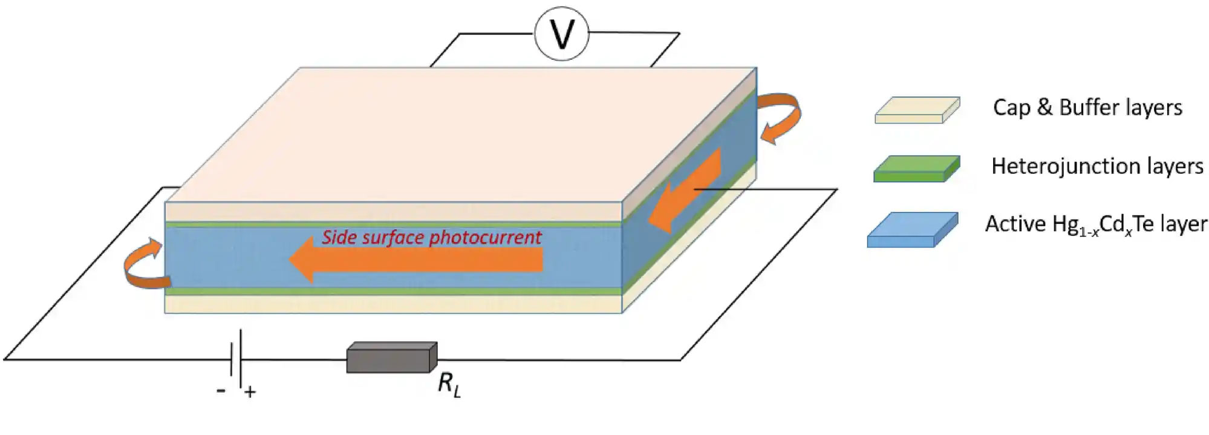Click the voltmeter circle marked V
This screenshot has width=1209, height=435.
point(562,34)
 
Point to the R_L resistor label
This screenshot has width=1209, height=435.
point(449,386)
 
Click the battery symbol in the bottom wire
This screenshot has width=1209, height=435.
point(236,359)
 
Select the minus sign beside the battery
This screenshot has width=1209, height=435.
point(221,391)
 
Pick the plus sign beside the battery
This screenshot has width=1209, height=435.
point(250,392)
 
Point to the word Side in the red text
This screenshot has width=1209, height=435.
point(337,237)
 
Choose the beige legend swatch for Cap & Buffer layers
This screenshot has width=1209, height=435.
point(917,110)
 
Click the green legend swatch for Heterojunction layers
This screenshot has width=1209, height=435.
point(917,169)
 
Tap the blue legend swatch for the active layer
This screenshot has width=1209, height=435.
point(913,230)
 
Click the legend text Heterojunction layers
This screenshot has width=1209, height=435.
point(1097,166)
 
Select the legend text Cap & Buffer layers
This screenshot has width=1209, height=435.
point(1087,108)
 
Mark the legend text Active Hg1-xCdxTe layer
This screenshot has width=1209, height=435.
point(1096,224)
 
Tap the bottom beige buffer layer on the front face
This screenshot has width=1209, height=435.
point(393,304)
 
